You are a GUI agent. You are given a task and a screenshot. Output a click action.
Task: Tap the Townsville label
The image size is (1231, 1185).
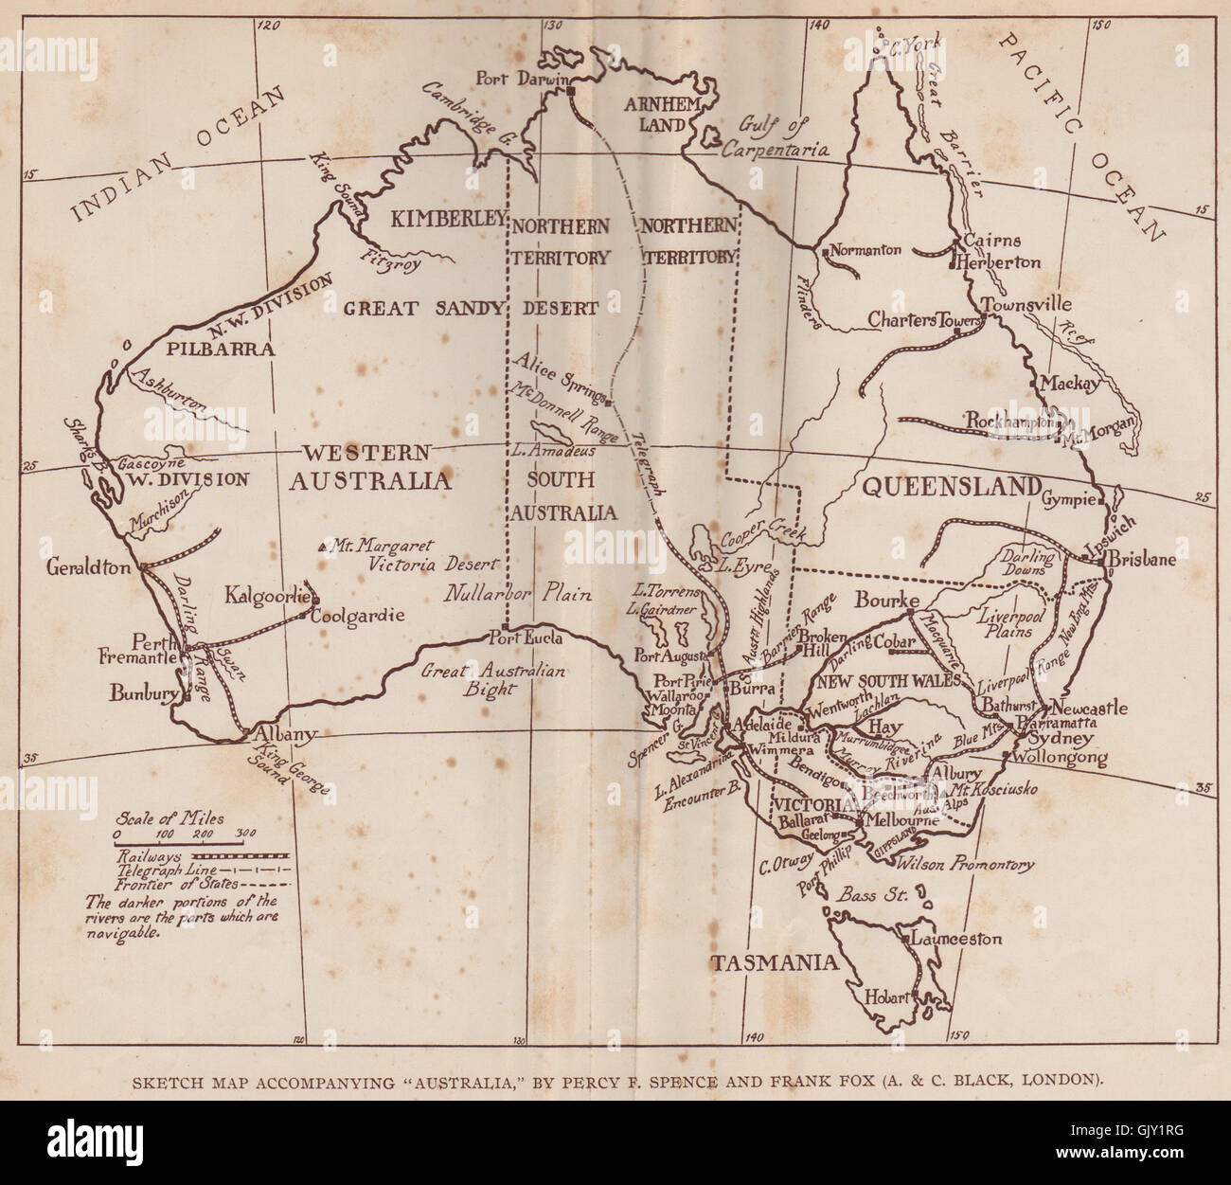tap(1027, 305)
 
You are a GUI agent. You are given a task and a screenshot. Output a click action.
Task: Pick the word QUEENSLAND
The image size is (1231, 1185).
tap(951, 487)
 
